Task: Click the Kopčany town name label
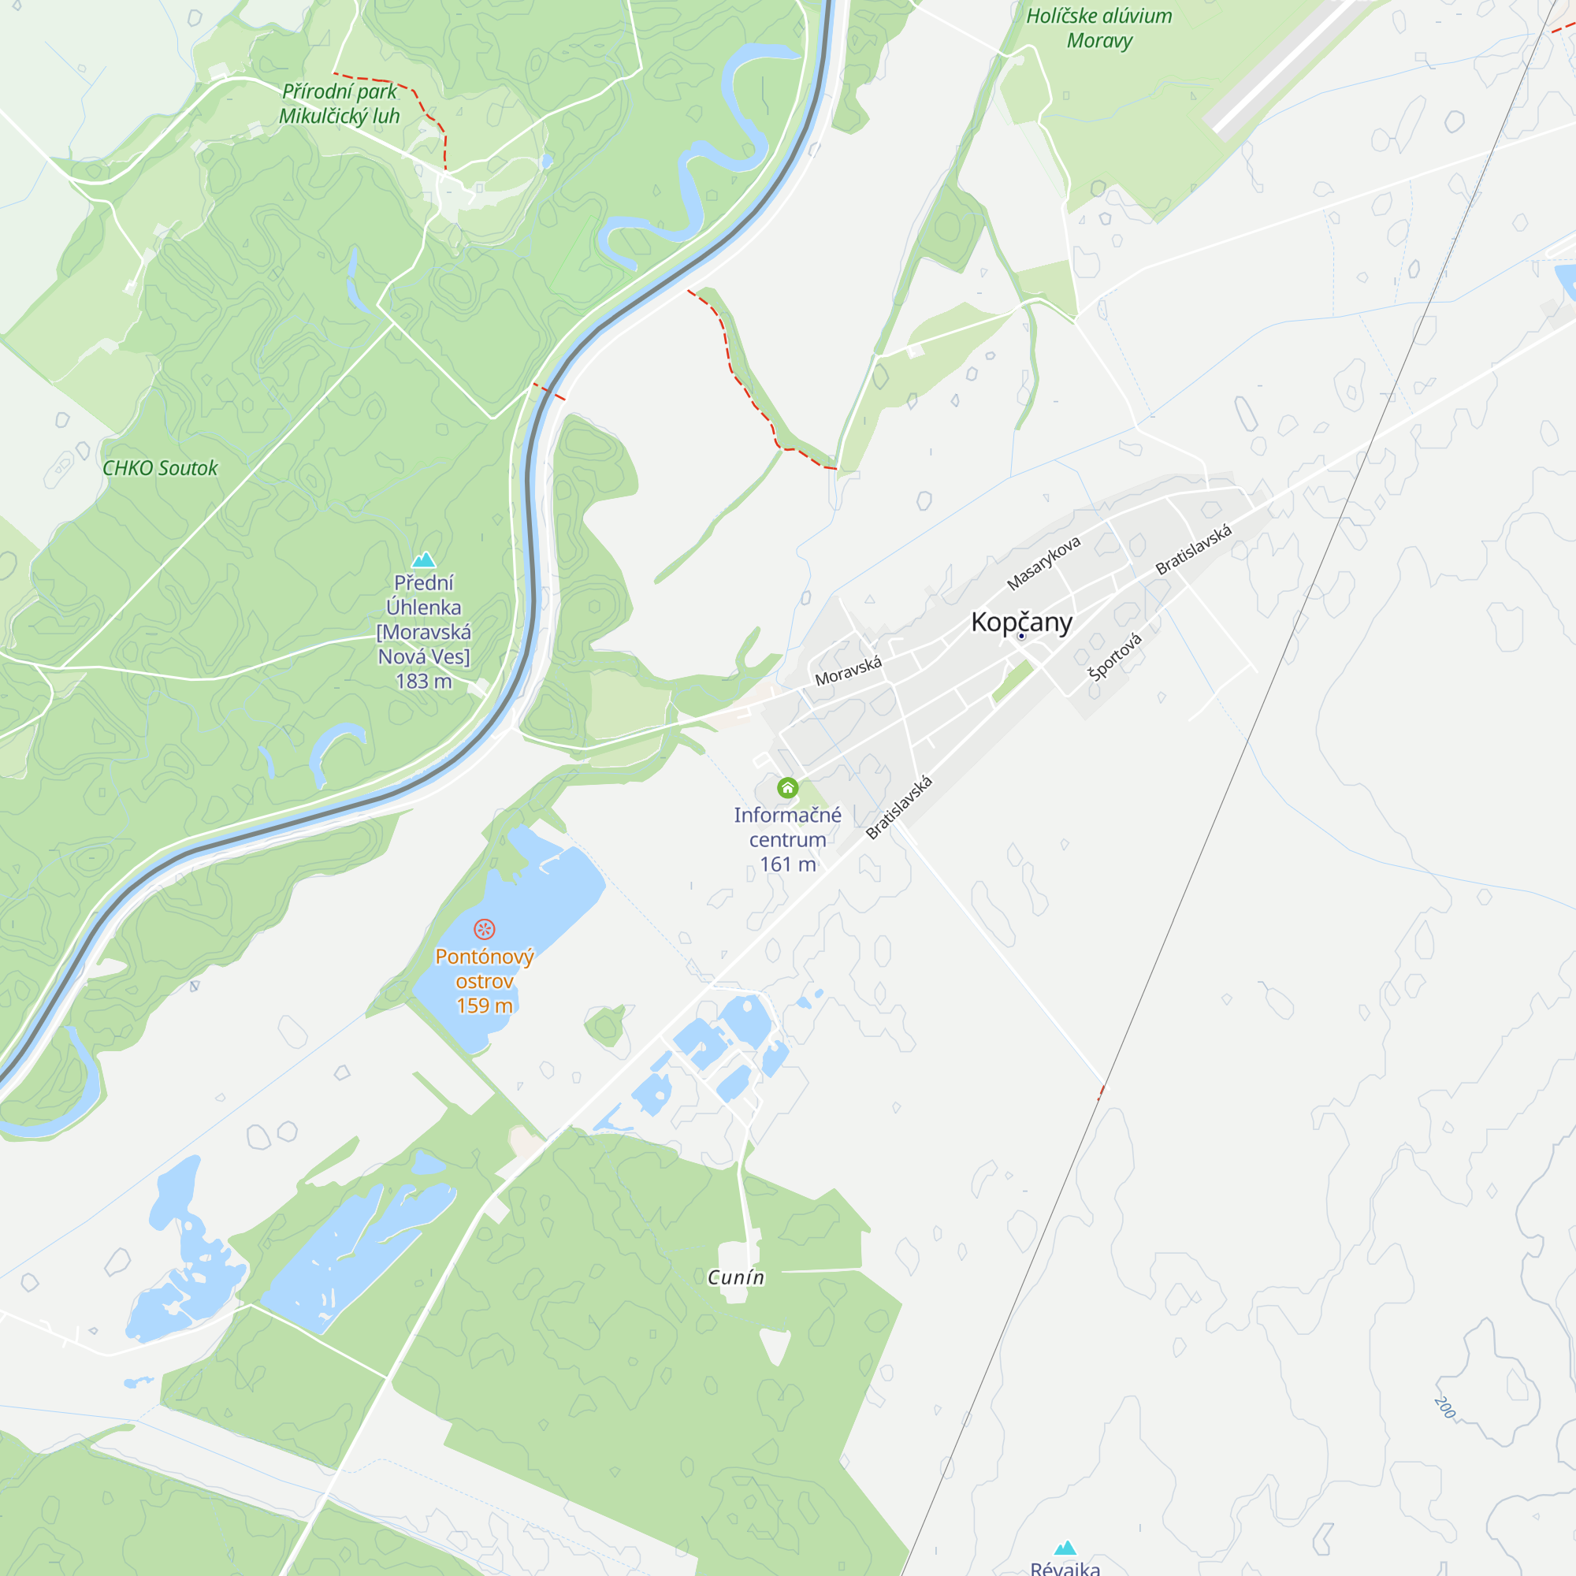pos(1021,623)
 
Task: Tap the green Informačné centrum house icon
pos(787,787)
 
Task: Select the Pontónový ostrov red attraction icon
pos(484,929)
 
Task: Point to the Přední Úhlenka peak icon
pos(423,559)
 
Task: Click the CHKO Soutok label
pos(160,468)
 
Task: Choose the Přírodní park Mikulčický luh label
pos(340,103)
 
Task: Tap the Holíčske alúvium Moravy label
pos(1098,28)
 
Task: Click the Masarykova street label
pos(1043,563)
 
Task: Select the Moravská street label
pos(849,671)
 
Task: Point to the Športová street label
pos(1115,656)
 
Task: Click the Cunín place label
pos(736,1277)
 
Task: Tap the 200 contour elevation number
pos(1444,1407)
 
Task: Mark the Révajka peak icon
pos(1065,1548)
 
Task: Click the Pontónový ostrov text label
pos(484,968)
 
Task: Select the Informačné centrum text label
pos(787,827)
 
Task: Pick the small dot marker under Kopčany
pos(1021,636)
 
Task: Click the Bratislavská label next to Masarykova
pos(1193,550)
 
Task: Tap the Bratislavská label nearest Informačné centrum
pos(899,808)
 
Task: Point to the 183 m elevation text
pos(423,681)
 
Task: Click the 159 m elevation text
pos(484,1005)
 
